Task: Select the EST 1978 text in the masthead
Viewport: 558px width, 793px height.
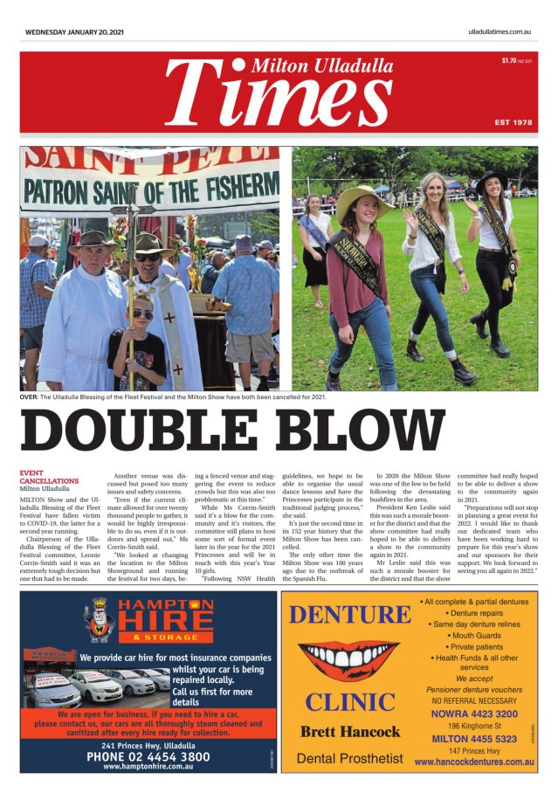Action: [x=513, y=122]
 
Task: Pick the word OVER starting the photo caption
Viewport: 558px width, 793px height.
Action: [x=29, y=397]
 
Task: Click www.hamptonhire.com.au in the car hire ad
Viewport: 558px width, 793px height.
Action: [x=148, y=767]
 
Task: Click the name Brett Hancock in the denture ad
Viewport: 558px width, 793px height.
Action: [x=349, y=732]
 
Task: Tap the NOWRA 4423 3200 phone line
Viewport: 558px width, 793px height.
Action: [x=474, y=714]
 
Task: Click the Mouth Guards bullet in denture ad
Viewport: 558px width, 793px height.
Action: [x=473, y=636]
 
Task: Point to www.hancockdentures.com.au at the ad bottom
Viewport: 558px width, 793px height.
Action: [x=473, y=762]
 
